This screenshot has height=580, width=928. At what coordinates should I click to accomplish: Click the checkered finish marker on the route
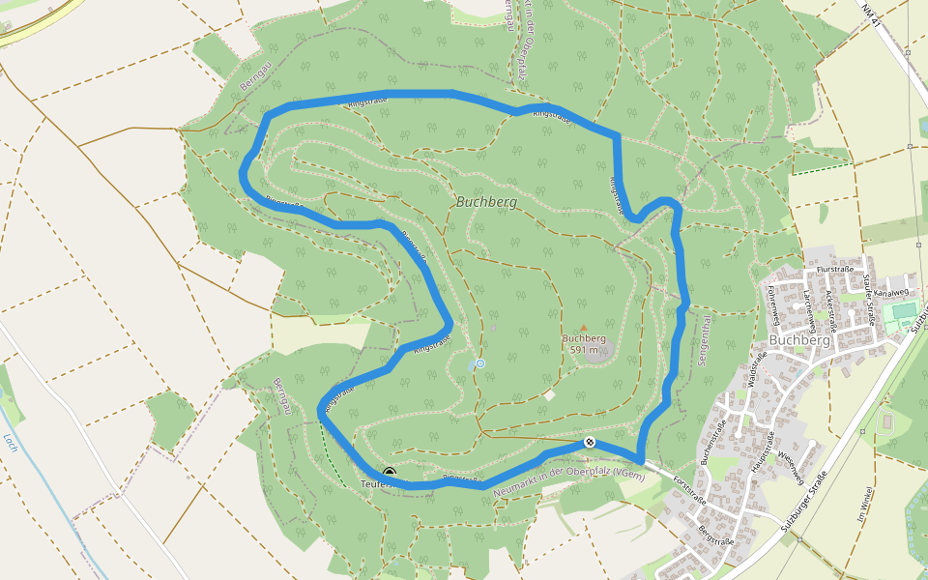pyautogui.click(x=590, y=443)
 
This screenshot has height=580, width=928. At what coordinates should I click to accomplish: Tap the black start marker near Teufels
pyautogui.click(x=389, y=473)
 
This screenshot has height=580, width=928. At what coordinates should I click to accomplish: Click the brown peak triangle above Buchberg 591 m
pyautogui.click(x=583, y=328)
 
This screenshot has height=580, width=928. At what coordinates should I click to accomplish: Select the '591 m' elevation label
pyautogui.click(x=584, y=350)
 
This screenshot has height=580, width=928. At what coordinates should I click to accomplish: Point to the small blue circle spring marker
pyautogui.click(x=479, y=363)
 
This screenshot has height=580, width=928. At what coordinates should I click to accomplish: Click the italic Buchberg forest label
pyautogui.click(x=485, y=203)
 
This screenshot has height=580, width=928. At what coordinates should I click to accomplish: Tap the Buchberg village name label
pyautogui.click(x=801, y=341)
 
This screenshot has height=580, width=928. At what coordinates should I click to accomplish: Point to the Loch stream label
pyautogui.click(x=11, y=443)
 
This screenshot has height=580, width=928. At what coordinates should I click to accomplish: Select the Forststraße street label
pyautogui.click(x=690, y=489)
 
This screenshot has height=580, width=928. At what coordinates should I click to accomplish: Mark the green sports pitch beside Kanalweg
pyautogui.click(x=903, y=310)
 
